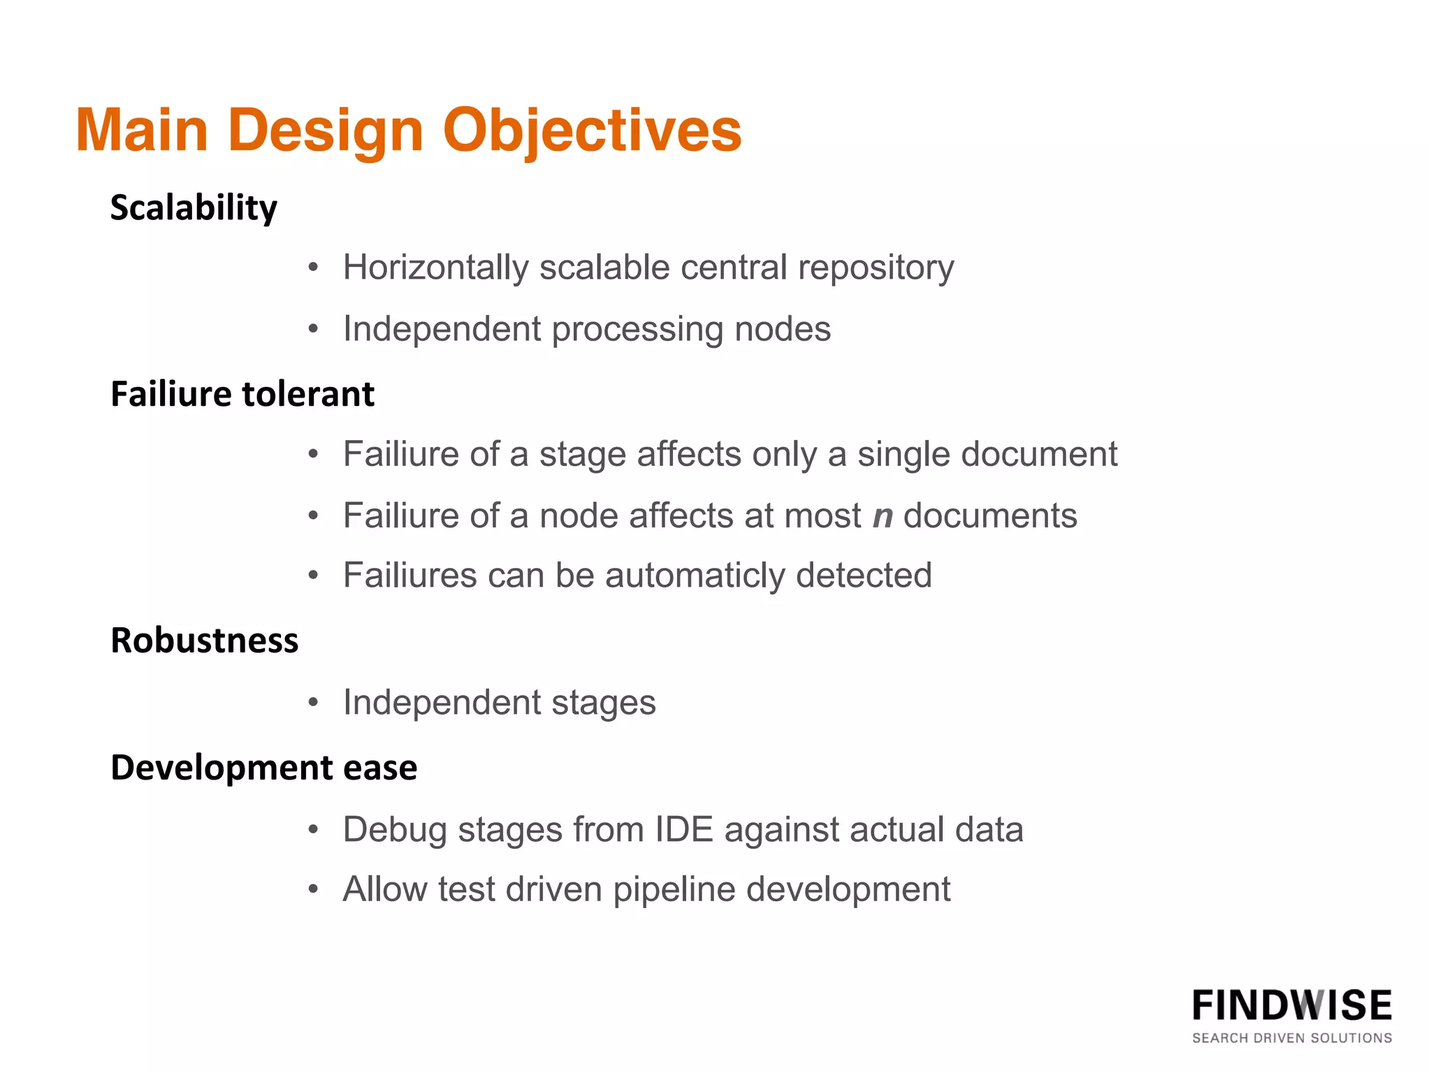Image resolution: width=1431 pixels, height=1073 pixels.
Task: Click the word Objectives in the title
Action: coord(592,131)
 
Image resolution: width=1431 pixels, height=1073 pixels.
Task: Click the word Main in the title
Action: coord(142,131)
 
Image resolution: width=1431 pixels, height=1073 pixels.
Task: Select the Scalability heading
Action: coord(194,208)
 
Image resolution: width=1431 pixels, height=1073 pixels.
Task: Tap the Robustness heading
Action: coord(204,641)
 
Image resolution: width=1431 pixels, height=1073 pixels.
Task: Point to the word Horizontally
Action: coord(435,268)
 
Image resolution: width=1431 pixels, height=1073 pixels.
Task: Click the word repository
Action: coord(876,268)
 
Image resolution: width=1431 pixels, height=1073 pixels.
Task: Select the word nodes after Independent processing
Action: coord(783,329)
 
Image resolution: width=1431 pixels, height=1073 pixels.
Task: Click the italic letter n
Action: coord(883,516)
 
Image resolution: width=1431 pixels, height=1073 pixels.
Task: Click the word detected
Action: coord(864,576)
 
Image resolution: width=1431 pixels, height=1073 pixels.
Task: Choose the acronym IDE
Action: coord(683,830)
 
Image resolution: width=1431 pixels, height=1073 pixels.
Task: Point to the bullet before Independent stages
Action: coord(314,702)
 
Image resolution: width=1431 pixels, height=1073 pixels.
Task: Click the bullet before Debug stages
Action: coord(314,830)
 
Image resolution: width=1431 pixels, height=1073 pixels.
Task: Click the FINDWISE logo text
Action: coord(1291,1006)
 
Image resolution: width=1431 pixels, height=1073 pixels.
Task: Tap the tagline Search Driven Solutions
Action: coord(1291,1038)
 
